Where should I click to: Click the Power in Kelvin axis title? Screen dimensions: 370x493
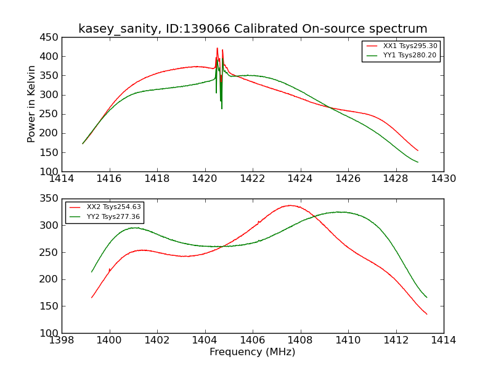(x=32, y=104)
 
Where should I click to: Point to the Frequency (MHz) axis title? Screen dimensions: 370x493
(x=252, y=352)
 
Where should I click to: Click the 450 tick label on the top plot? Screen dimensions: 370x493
(x=50, y=38)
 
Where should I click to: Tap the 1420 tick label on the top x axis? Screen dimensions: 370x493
(x=205, y=179)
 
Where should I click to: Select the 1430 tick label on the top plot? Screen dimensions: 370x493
(x=443, y=179)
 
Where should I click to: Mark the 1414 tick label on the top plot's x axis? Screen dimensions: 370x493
(x=62, y=179)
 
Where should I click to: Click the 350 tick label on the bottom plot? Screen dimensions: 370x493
(x=50, y=199)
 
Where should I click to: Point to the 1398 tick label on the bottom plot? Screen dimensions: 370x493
(x=62, y=340)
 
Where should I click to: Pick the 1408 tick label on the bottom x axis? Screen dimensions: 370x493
(x=300, y=340)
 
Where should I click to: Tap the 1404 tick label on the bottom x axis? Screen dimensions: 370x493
(x=205, y=340)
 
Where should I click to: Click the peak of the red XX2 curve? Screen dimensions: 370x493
(x=290, y=205)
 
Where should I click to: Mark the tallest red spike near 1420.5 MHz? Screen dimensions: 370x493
(x=217, y=48)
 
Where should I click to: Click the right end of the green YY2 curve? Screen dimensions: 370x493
(x=426, y=297)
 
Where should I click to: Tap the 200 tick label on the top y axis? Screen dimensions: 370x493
(x=50, y=133)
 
